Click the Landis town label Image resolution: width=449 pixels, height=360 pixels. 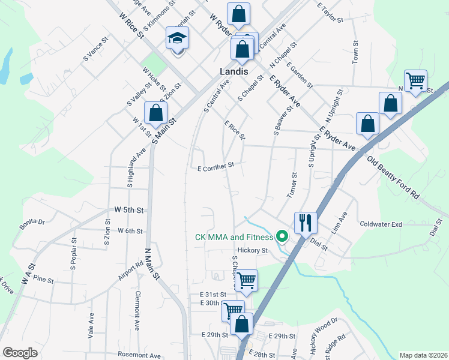(234, 71)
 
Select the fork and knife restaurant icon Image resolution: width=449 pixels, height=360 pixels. (306, 223)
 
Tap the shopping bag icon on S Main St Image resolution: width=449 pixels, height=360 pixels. (155, 113)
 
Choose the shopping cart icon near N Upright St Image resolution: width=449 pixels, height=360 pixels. (415, 80)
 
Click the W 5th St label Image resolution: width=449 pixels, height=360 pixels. (130, 211)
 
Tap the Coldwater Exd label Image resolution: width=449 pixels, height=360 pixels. (381, 224)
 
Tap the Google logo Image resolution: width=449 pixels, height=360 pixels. (20, 353)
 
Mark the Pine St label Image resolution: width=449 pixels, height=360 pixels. (44, 280)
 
